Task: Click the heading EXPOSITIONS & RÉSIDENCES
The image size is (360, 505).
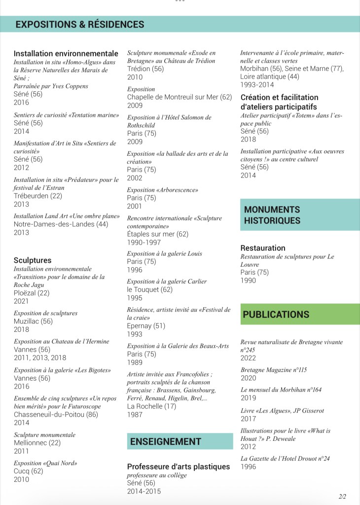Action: [x=80, y=25]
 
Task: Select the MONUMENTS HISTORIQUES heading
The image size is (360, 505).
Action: [x=272, y=215]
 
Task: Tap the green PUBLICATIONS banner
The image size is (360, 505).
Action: [x=276, y=314]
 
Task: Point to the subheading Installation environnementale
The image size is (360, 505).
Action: [x=66, y=53]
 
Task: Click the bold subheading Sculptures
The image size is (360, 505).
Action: [x=33, y=260]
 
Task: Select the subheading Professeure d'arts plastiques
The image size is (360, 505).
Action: [x=179, y=467]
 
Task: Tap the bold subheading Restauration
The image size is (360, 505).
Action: [x=263, y=248]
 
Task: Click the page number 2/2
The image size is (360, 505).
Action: [x=343, y=496]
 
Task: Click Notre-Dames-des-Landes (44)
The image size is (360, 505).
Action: [x=61, y=224]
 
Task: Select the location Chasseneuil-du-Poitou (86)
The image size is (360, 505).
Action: [x=56, y=415]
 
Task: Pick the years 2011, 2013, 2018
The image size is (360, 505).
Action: [x=40, y=358]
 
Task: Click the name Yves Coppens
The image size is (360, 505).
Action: [x=72, y=86]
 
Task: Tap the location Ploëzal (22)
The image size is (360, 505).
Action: [x=32, y=293]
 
